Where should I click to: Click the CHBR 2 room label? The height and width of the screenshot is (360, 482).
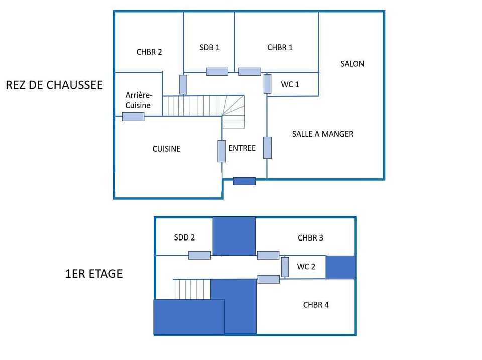pyautogui.click(x=149, y=52)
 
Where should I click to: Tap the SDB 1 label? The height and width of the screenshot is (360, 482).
pyautogui.click(x=209, y=47)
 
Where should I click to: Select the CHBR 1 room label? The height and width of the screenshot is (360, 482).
pyautogui.click(x=280, y=47)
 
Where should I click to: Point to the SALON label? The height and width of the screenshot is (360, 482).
pyautogui.click(x=352, y=64)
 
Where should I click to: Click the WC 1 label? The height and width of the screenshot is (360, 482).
pyautogui.click(x=290, y=84)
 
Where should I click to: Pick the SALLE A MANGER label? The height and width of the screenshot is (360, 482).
pyautogui.click(x=323, y=134)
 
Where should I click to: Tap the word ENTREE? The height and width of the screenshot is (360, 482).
pyautogui.click(x=242, y=148)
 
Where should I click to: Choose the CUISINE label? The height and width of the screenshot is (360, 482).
pyautogui.click(x=166, y=149)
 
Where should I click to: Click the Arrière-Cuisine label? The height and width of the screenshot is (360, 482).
pyautogui.click(x=138, y=100)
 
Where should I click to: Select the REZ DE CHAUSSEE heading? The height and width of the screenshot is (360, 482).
pyautogui.click(x=54, y=85)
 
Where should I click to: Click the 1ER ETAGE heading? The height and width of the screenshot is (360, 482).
pyautogui.click(x=94, y=274)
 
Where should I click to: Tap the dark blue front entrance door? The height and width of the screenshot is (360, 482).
pyautogui.click(x=245, y=181)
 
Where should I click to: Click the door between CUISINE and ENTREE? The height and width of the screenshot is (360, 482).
pyautogui.click(x=221, y=151)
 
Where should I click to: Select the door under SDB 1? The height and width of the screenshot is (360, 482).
pyautogui.click(x=217, y=72)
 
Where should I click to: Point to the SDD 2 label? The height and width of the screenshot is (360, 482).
pyautogui.click(x=184, y=237)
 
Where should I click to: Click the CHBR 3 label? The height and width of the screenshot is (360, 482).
pyautogui.click(x=310, y=238)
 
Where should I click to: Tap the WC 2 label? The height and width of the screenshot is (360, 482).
pyautogui.click(x=306, y=267)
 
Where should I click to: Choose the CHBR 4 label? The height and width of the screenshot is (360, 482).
pyautogui.click(x=316, y=305)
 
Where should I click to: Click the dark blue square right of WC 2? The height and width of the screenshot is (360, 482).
pyautogui.click(x=341, y=267)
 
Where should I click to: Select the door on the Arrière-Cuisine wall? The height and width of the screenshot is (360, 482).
pyautogui.click(x=133, y=116)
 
